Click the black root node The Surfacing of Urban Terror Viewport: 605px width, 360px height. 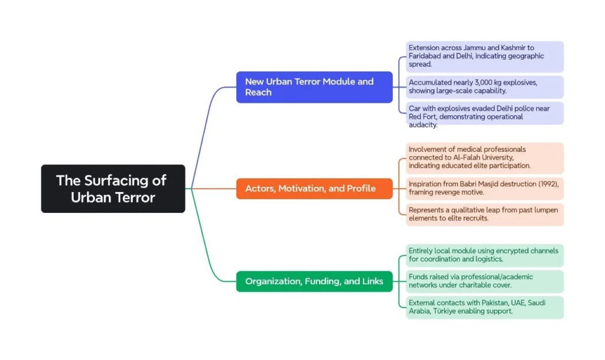pyautogui.click(x=113, y=189)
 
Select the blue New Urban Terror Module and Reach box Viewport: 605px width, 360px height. pyautogui.click(x=314, y=87)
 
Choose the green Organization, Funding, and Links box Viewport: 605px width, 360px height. pyautogui.click(x=314, y=281)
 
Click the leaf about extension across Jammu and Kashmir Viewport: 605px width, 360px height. pyautogui.click(x=484, y=56)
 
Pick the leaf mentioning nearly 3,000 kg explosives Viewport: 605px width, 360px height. pyautogui.click(x=484, y=87)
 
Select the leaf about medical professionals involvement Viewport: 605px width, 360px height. pyautogui.click(x=484, y=158)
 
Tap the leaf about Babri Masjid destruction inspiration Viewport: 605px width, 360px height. pyautogui.click(x=484, y=189)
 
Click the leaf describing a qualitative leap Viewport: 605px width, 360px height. pyautogui.click(x=484, y=214)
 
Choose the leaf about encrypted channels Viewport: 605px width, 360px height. pyautogui.click(x=484, y=255)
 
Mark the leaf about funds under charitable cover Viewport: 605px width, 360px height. pyautogui.click(x=484, y=281)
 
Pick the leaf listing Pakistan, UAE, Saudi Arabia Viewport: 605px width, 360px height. pyautogui.click(x=484, y=307)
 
